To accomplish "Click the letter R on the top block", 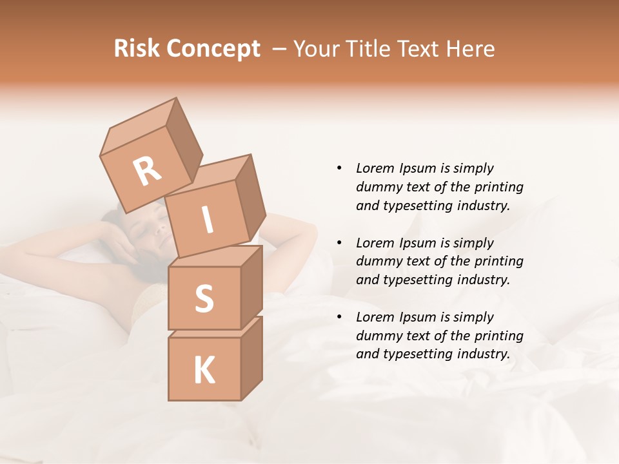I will (x=147, y=171).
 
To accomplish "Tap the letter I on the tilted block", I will (x=207, y=221).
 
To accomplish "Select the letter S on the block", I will (x=204, y=298).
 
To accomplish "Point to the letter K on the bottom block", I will (x=204, y=371).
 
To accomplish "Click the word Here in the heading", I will (x=470, y=49).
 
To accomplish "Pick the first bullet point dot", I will (x=339, y=168).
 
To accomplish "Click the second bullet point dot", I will (x=339, y=243).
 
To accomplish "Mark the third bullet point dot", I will (x=339, y=317).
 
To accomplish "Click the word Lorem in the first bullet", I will (x=374, y=168).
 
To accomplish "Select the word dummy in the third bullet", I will (x=378, y=336).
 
